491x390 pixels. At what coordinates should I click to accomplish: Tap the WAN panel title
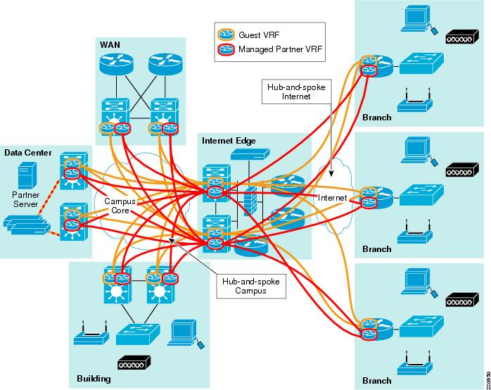[x=109, y=45]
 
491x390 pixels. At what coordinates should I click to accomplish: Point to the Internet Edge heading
[x=227, y=141]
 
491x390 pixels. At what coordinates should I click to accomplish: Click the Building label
[x=94, y=379]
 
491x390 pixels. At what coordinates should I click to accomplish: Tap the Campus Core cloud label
[x=120, y=205]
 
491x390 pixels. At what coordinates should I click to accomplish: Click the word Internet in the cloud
[x=333, y=199]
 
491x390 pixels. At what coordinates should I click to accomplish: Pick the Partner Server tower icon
[x=27, y=173]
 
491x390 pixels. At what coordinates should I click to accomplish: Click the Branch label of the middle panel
[x=376, y=249]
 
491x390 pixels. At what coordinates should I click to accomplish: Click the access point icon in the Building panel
[x=89, y=334]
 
